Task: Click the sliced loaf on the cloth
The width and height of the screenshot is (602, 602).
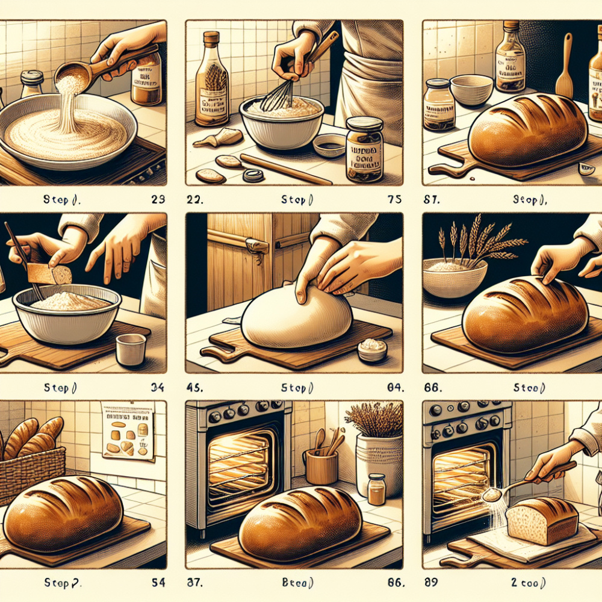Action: pyautogui.click(x=542, y=521)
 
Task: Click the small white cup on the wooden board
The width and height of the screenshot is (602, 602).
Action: pyautogui.click(x=131, y=349)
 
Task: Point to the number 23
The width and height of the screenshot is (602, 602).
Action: pyautogui.click(x=158, y=199)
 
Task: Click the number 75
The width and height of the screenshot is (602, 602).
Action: pyautogui.click(x=394, y=199)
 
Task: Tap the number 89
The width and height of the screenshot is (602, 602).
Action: pyautogui.click(x=433, y=583)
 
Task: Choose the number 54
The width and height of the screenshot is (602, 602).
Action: pyautogui.click(x=157, y=583)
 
